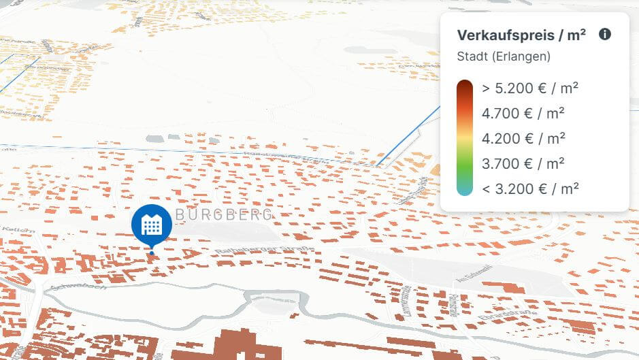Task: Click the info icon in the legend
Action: tap(605, 35)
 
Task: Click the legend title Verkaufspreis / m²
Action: tap(521, 35)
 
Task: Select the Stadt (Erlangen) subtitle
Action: tap(504, 56)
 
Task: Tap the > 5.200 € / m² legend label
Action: tap(530, 88)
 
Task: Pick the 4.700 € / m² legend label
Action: tap(523, 113)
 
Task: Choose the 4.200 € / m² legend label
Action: tap(523, 138)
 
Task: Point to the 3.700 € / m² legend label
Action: tap(523, 163)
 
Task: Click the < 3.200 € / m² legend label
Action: tap(530, 189)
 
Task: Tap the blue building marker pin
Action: tap(151, 225)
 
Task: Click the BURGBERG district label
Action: tap(224, 214)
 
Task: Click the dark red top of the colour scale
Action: tap(465, 88)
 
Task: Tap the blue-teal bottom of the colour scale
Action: tap(465, 188)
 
